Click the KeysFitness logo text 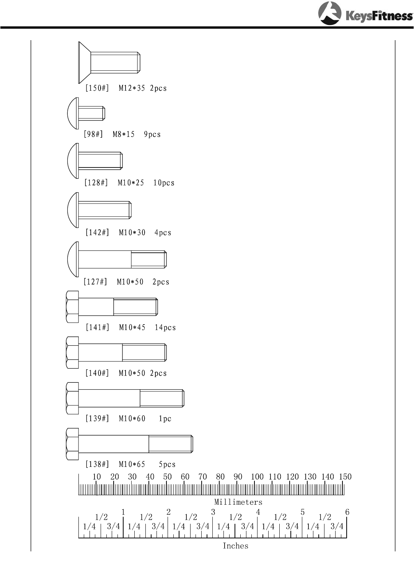[379, 16]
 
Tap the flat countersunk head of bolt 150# [84, 62]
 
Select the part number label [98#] [93, 134]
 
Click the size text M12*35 [132, 88]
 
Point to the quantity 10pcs [164, 183]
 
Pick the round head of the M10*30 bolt [73, 210]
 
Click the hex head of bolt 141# [72, 307]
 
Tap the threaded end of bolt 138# [171, 444]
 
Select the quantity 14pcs [165, 327]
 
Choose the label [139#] [97, 419]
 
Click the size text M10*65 [132, 464]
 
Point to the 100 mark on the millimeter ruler [257, 477]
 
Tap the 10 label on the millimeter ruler [97, 477]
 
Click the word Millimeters [238, 502]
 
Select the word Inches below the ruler [235, 546]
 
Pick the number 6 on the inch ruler [347, 512]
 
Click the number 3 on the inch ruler [213, 512]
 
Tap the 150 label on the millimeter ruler [345, 477]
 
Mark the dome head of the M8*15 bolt [73, 114]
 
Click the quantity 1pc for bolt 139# [165, 419]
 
